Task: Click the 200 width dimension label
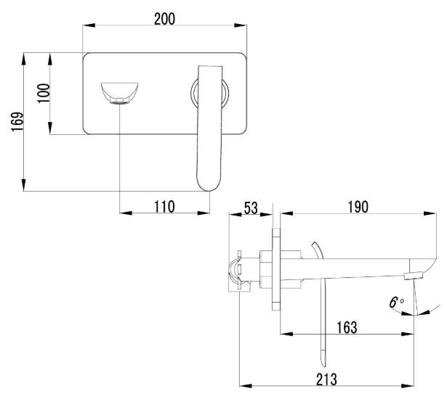click(x=164, y=19)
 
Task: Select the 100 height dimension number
click(x=44, y=93)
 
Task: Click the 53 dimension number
click(x=251, y=208)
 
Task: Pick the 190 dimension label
click(x=357, y=207)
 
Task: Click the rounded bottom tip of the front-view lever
click(x=207, y=184)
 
